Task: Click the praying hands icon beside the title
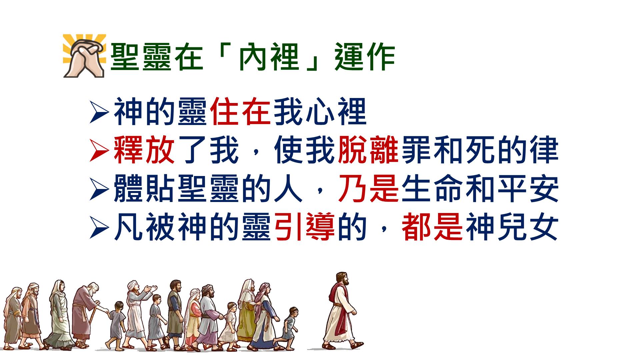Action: (85, 56)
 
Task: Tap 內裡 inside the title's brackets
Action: (269, 57)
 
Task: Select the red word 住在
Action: (240, 112)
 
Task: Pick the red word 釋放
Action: (144, 150)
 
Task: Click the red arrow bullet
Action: (99, 151)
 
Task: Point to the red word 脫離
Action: (368, 150)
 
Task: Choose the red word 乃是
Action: (368, 188)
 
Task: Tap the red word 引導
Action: (304, 227)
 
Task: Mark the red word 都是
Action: (432, 227)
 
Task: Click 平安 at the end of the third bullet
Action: (528, 188)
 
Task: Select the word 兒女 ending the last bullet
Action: (528, 227)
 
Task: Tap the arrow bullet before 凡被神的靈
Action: (99, 228)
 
